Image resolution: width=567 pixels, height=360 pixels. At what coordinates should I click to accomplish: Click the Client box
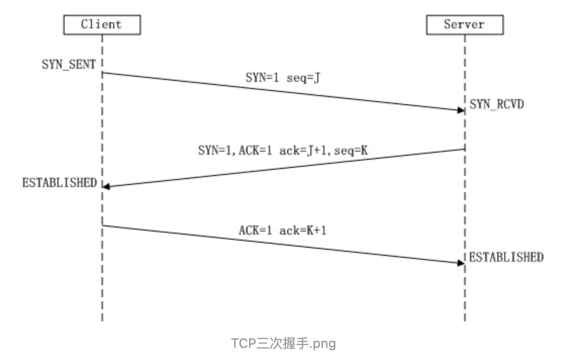pyautogui.click(x=102, y=24)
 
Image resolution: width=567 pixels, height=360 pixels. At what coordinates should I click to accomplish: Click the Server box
pyautogui.click(x=464, y=24)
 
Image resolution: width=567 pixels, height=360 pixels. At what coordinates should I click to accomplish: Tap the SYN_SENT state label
pyautogui.click(x=69, y=65)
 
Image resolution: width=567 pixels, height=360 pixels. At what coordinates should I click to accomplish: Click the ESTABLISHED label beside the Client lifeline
pyautogui.click(x=59, y=183)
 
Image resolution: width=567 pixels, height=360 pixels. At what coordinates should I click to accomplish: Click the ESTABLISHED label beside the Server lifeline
pyautogui.click(x=506, y=257)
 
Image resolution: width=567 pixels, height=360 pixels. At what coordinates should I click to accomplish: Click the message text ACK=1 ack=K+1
pyautogui.click(x=282, y=231)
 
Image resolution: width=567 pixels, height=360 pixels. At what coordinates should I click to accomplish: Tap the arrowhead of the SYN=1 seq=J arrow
pyautogui.click(x=461, y=110)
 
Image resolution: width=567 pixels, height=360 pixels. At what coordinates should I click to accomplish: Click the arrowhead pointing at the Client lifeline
pyautogui.click(x=106, y=187)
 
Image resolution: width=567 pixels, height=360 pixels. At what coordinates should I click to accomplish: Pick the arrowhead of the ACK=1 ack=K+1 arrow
pyautogui.click(x=461, y=263)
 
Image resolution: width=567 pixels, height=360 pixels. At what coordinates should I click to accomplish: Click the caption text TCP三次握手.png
pyautogui.click(x=283, y=344)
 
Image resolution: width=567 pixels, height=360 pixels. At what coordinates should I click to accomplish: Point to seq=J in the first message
pyautogui.click(x=303, y=78)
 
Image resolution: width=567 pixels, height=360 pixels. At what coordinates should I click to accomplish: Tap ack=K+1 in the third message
pyautogui.click(x=303, y=231)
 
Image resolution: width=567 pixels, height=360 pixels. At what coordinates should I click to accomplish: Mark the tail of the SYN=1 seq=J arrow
pyautogui.click(x=103, y=73)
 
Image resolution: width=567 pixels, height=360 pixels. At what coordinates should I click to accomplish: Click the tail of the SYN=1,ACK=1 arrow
pyautogui.click(x=464, y=149)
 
